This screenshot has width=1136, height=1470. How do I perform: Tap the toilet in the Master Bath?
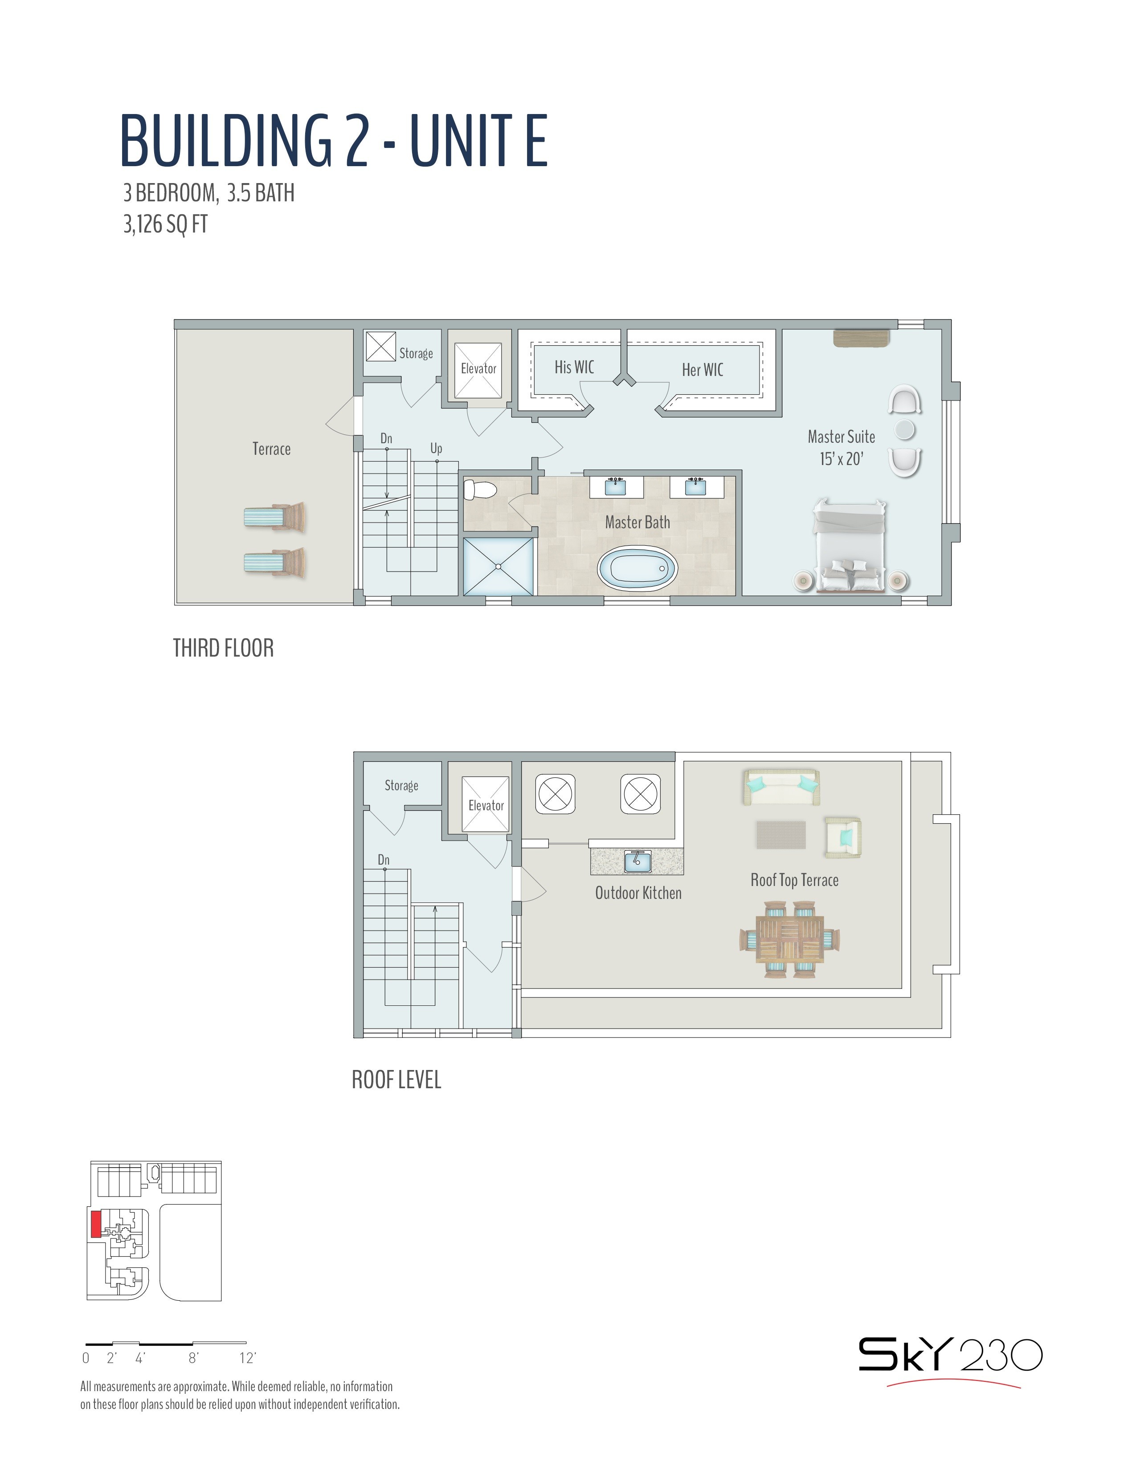(x=480, y=489)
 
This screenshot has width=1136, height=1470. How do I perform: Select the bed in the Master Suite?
(x=849, y=546)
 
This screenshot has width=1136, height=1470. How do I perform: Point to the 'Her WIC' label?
(x=703, y=370)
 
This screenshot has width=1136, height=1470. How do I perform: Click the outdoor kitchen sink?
(x=637, y=862)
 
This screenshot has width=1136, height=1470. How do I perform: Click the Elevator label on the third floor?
(x=478, y=368)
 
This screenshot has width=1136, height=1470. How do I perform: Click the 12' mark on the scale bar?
(x=248, y=1358)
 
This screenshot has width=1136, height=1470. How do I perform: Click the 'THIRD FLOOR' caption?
(x=224, y=648)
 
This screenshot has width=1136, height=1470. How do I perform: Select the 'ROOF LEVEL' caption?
(x=396, y=1080)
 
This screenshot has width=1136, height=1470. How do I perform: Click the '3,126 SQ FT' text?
(x=166, y=224)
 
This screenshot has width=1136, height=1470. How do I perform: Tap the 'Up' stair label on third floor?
(x=436, y=448)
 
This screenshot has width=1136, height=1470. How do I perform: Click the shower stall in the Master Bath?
(x=499, y=566)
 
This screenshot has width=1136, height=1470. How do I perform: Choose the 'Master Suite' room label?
(x=841, y=437)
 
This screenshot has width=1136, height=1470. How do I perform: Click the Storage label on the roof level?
(x=401, y=785)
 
